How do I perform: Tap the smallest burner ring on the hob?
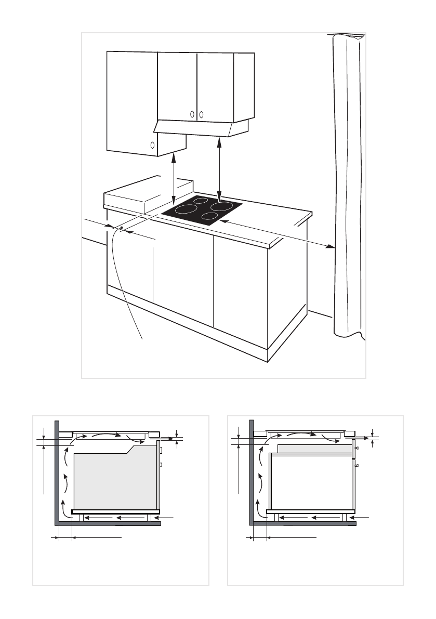click(201, 202)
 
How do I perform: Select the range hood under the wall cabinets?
click(200, 128)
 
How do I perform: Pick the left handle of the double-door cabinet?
click(192, 114)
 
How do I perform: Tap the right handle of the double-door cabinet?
click(201, 114)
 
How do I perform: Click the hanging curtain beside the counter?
click(346, 182)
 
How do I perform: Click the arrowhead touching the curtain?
click(331, 246)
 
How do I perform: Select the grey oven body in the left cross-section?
click(114, 478)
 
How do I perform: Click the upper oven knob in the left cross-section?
click(161, 450)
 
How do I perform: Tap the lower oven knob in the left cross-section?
click(161, 464)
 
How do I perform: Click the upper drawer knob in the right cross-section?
click(356, 448)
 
